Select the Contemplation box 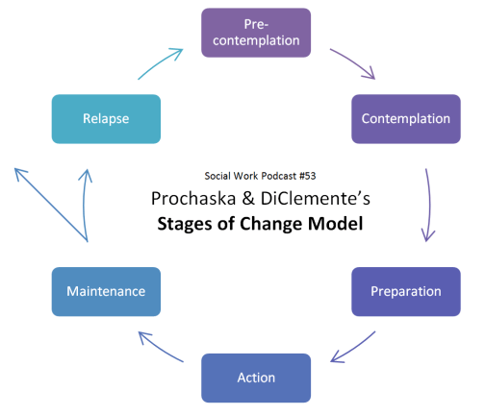[405, 119]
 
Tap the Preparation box [405, 290]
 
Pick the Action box [256, 377]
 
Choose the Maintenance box [105, 289]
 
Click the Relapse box [106, 119]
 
